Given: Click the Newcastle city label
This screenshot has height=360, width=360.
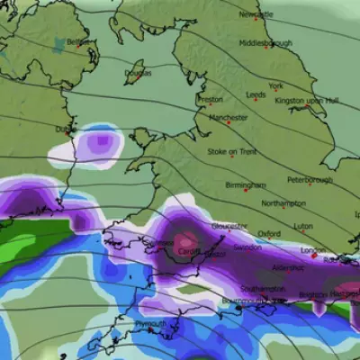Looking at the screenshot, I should click(x=256, y=15).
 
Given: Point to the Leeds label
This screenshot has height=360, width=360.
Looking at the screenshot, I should click(x=256, y=94).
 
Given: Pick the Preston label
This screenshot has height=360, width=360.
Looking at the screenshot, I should click(x=209, y=99).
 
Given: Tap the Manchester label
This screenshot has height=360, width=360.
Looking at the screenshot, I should click(x=228, y=118).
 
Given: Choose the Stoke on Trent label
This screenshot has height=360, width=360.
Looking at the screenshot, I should click(x=236, y=151).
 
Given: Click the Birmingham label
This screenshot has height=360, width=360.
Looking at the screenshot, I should click(x=246, y=185).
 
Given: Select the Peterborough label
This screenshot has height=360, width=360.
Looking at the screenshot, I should click(x=310, y=180).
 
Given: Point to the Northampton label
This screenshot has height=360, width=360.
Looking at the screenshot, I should click(x=283, y=204).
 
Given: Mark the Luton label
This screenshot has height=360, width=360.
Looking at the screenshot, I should click(x=304, y=227).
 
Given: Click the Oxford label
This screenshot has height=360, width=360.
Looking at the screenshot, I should click(x=268, y=234).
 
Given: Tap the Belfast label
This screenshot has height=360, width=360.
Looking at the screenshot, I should click(x=79, y=41).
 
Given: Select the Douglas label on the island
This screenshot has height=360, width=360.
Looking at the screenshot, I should click(x=138, y=74).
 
